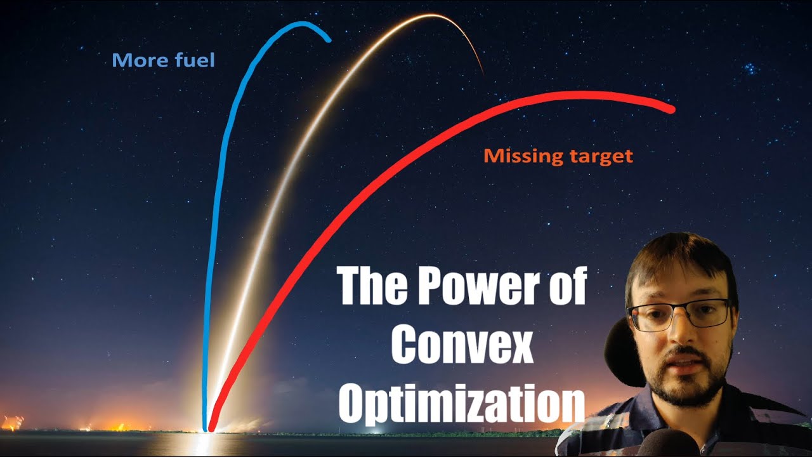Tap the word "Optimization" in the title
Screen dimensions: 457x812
pos(461,402)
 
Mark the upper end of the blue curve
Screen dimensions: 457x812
pos(328,40)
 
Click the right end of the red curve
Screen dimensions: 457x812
pos(671,109)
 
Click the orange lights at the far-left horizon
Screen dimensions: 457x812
pos(13,422)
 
